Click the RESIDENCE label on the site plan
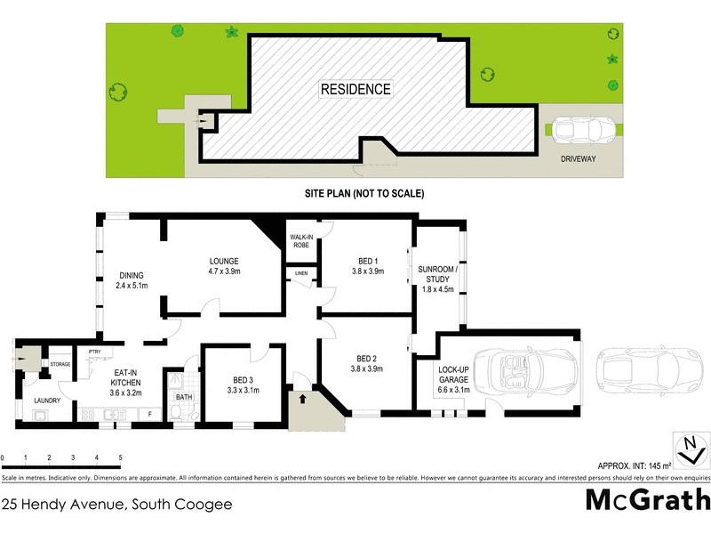point(355,89)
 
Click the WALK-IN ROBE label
point(299,241)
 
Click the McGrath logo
point(647,499)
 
